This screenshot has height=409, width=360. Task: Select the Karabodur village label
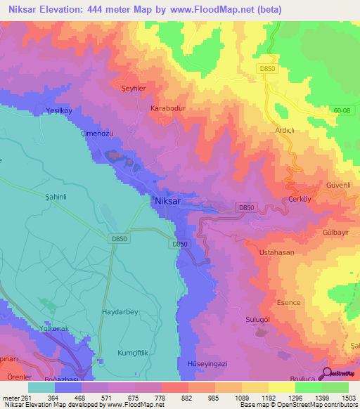[x=167, y=109]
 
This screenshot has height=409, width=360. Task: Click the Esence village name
[x=289, y=303]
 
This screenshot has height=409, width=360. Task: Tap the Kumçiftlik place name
[x=124, y=349]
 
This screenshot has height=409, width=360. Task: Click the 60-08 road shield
[x=341, y=110]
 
